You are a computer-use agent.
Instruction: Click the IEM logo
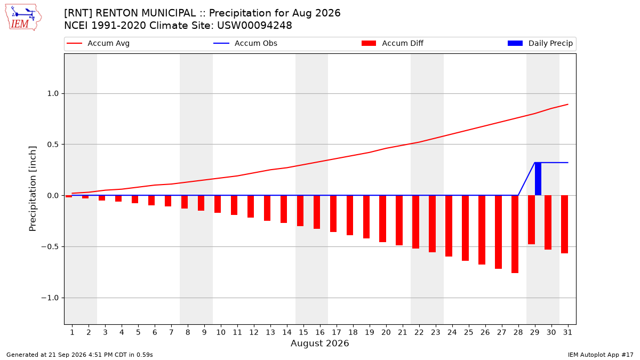point(23,18)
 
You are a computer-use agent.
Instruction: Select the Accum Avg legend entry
point(98,43)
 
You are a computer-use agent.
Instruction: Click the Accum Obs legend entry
point(245,43)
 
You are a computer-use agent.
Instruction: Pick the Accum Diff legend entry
point(393,43)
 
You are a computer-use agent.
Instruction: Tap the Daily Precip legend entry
point(540,43)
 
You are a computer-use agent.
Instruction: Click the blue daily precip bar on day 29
point(538,179)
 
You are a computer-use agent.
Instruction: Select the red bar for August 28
point(515,234)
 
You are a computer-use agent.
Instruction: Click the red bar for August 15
point(300,211)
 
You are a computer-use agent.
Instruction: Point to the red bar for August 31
point(565,225)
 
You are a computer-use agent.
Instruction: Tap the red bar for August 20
point(383,219)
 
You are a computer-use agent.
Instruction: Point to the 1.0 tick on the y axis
point(53,93)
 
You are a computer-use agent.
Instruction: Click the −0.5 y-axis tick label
point(50,246)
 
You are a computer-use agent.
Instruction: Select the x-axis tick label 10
point(221,332)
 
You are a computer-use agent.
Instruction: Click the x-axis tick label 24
point(452,332)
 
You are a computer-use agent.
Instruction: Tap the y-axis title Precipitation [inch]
point(33,189)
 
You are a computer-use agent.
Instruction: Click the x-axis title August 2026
point(320,343)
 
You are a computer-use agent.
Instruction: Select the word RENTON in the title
point(117,13)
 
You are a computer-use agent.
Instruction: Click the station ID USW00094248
point(254,26)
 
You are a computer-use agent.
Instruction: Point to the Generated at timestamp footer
point(79,355)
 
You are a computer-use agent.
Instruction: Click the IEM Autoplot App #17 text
point(601,355)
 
